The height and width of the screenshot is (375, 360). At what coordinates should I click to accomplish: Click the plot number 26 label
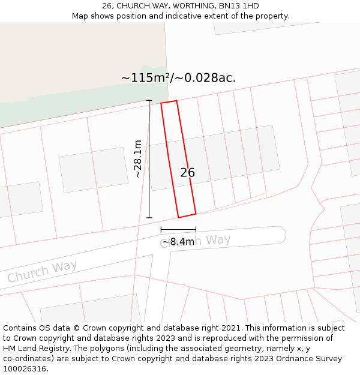tap(187, 173)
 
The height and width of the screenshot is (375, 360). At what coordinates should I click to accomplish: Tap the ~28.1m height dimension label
tap(138, 159)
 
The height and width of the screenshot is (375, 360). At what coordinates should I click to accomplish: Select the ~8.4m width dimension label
tap(178, 242)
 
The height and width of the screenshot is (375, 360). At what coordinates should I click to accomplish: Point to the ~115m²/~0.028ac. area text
tap(178, 78)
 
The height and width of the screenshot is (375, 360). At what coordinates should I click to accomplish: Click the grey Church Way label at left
tap(42, 271)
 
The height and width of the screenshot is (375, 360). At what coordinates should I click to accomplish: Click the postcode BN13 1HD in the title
tap(239, 6)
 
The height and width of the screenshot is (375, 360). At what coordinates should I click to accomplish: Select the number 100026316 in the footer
tap(24, 369)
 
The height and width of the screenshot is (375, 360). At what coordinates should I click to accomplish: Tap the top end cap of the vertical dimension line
tap(149, 101)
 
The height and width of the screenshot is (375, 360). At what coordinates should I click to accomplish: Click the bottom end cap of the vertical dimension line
tap(149, 218)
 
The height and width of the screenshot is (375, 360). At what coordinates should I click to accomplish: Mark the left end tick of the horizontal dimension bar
tap(161, 229)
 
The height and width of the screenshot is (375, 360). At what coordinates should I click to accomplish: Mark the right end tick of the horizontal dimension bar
tap(196, 229)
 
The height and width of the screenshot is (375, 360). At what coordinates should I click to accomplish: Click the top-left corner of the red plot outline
tap(161, 104)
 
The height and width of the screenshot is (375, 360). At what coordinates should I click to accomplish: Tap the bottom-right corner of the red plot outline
tap(196, 213)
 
